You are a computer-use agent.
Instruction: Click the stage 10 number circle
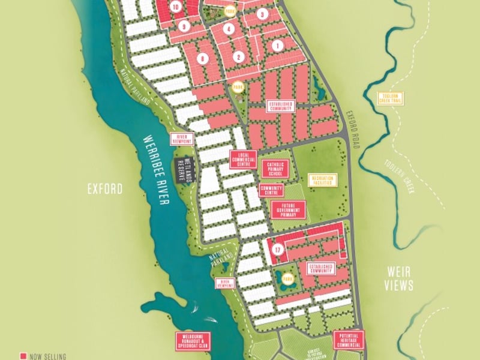[x=175, y=7]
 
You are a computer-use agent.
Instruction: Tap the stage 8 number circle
[x=203, y=58]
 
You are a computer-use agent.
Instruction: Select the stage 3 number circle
[x=262, y=14]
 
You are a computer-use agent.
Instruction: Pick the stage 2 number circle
[x=239, y=57]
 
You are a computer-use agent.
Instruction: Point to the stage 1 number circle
[x=277, y=45]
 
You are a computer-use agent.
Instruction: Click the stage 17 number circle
[x=277, y=250]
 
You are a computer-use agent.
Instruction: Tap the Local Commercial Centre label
[x=244, y=159]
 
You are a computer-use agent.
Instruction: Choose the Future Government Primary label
[x=289, y=209]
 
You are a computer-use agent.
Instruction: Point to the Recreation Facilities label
[x=322, y=181]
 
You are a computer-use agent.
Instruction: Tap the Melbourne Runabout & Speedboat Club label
[x=194, y=340]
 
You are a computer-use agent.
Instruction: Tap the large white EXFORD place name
[x=105, y=190]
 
